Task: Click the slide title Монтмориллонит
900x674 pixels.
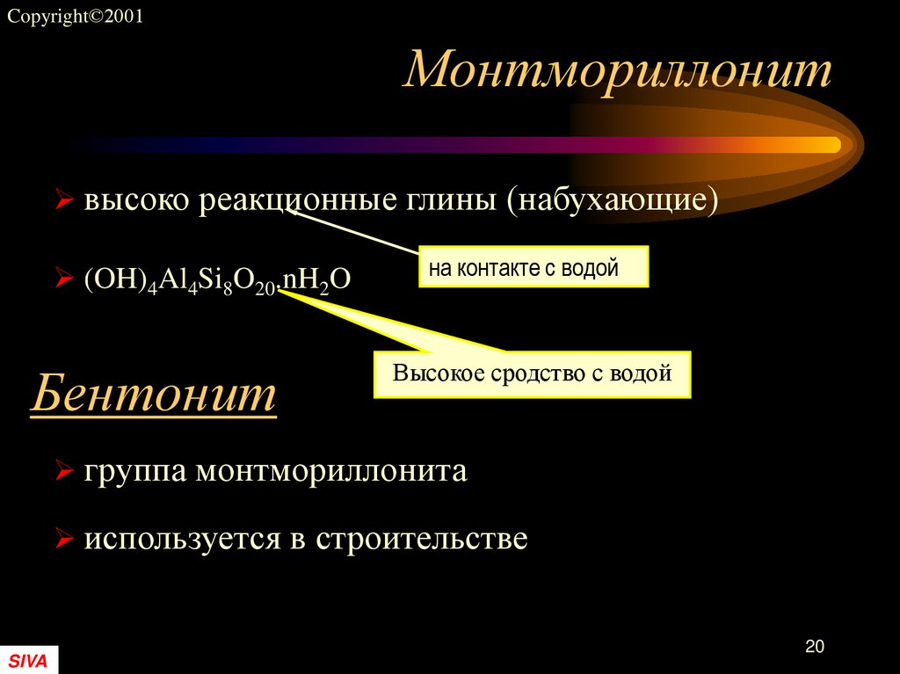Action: pyautogui.click(x=617, y=70)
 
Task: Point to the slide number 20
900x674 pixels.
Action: pyautogui.click(x=814, y=647)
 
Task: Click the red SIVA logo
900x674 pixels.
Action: pyautogui.click(x=28, y=660)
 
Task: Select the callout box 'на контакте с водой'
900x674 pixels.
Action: pyautogui.click(x=533, y=268)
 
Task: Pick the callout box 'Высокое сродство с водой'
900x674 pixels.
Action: pyautogui.click(x=532, y=374)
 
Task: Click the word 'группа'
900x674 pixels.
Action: pyautogui.click(x=135, y=473)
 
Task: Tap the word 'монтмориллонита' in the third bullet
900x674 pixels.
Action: pyautogui.click(x=331, y=472)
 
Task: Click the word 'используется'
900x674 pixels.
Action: pyautogui.click(x=182, y=538)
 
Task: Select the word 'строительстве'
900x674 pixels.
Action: pyautogui.click(x=422, y=538)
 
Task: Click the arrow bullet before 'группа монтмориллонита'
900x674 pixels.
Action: pyautogui.click(x=63, y=473)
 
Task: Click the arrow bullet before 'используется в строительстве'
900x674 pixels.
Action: pyautogui.click(x=63, y=538)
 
